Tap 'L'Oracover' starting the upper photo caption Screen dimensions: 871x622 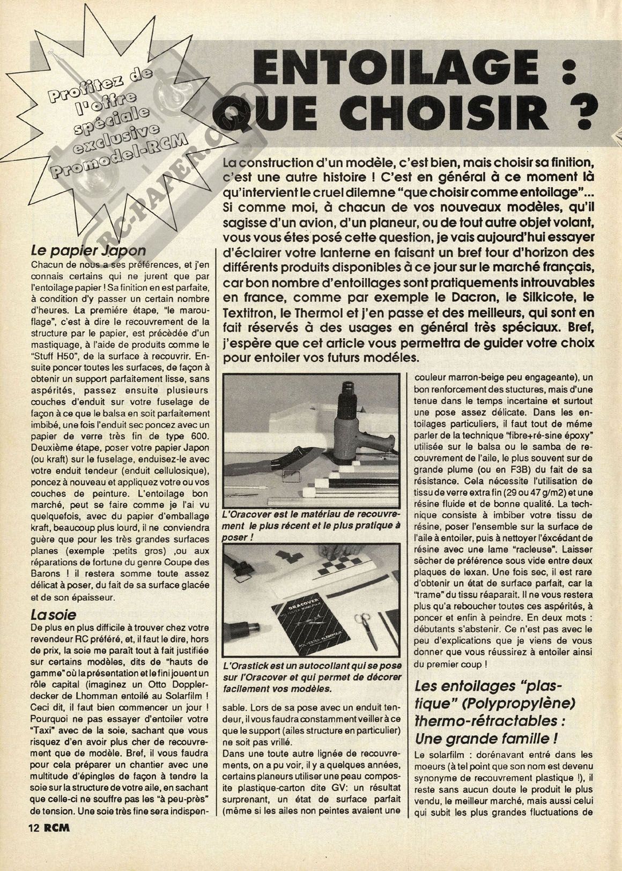tap(247, 513)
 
